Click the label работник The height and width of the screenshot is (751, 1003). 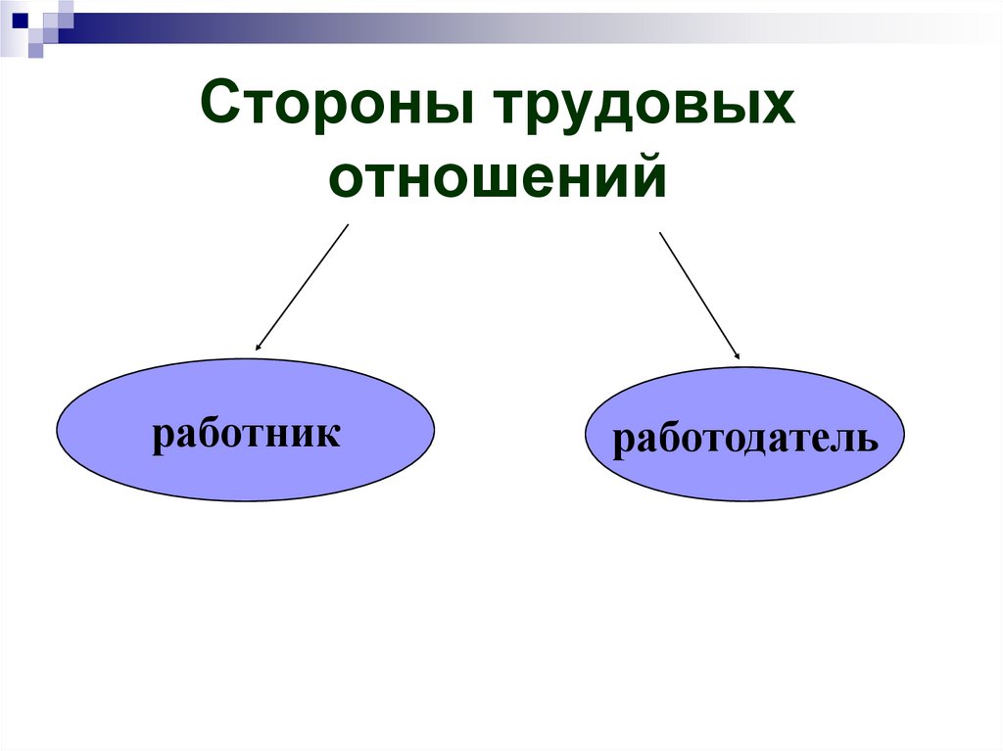(x=246, y=433)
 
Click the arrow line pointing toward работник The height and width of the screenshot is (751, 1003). (x=303, y=286)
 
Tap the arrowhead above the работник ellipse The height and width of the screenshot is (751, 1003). (x=259, y=346)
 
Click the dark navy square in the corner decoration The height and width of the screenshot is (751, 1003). (x=20, y=19)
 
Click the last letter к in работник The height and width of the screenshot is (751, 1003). (x=330, y=434)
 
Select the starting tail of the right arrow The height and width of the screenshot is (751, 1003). (x=661, y=233)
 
